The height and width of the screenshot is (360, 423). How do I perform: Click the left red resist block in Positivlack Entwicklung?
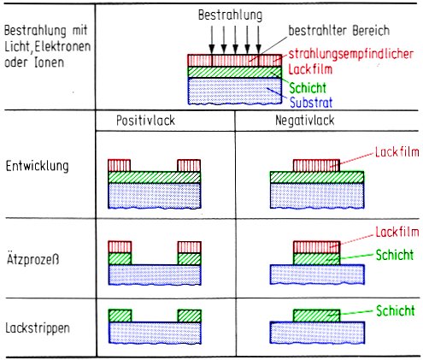(120, 164)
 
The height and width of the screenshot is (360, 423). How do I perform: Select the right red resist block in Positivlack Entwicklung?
(188, 164)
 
